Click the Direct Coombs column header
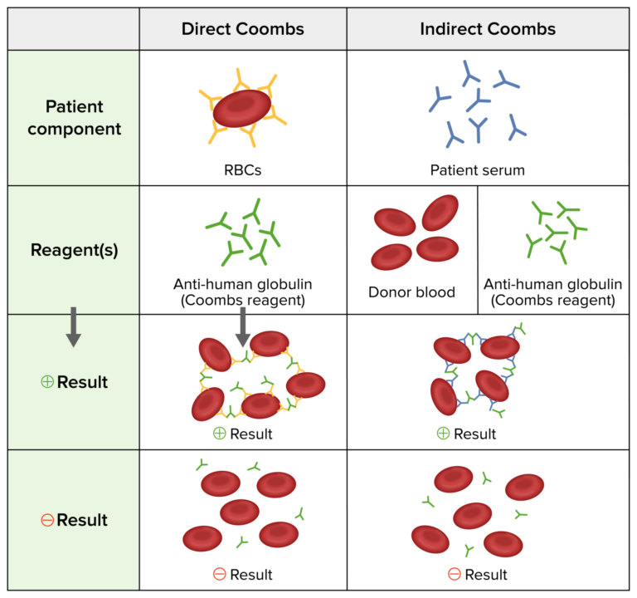242,29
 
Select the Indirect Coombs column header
488,29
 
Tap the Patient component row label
74,118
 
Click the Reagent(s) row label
74,249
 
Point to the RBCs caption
242,169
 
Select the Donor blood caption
411,292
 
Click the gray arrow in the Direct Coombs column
242,326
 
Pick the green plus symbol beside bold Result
47,382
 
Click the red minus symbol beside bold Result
47,521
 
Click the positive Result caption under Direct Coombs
242,434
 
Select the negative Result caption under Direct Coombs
242,574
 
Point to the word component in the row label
74,129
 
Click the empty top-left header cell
74,29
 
